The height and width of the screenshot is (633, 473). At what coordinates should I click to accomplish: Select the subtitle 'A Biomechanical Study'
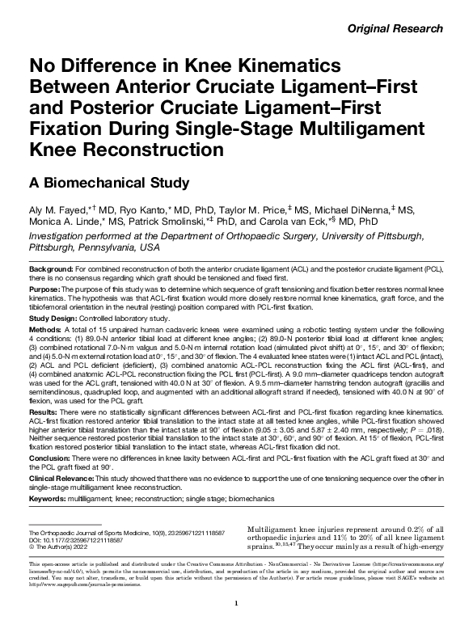(x=109, y=182)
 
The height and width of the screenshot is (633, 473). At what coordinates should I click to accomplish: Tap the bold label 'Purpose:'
(x=45, y=289)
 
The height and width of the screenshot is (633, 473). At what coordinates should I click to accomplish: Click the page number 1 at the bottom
(x=235, y=604)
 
